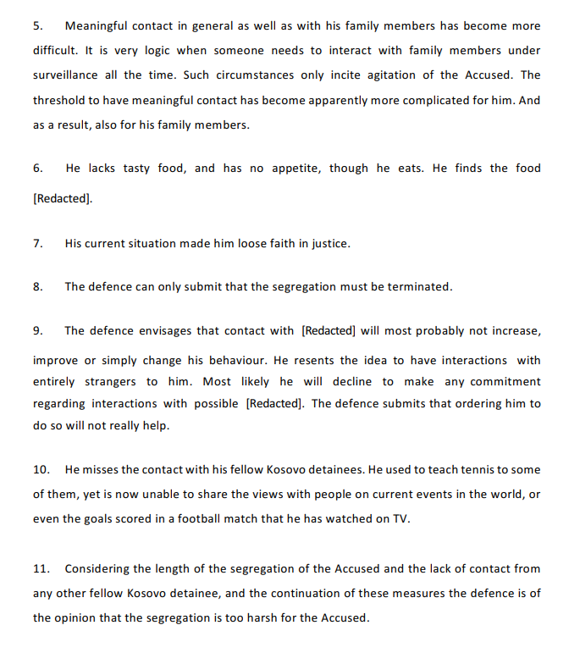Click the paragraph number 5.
point(37,25)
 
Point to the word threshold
point(61,100)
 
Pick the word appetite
point(294,168)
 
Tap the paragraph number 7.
point(37,243)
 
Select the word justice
point(329,243)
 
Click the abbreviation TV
point(400,518)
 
